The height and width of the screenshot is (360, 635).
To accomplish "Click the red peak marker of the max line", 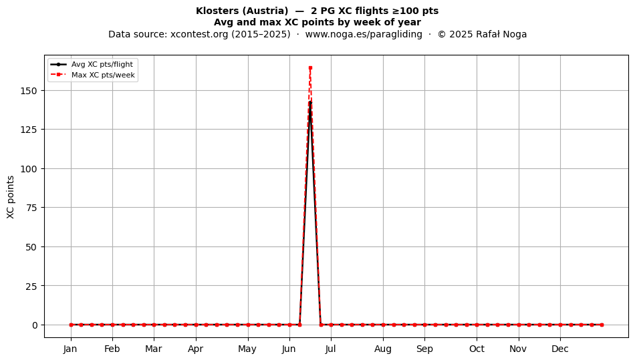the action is (310, 68).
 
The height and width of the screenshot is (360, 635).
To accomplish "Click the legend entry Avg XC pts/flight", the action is (102, 64).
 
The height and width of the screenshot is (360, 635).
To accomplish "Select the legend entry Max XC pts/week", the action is (103, 75).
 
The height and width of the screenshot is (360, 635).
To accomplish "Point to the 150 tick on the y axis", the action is (28, 91).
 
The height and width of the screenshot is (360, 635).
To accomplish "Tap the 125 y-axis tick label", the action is (28, 130).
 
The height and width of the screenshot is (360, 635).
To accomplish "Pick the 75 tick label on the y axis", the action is (31, 208).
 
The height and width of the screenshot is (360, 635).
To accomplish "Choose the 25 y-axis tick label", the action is (31, 286).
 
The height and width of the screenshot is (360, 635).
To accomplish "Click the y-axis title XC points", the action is (11, 198).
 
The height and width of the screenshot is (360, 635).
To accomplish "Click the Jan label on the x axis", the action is (70, 349).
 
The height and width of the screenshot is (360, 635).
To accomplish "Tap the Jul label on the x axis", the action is (330, 349).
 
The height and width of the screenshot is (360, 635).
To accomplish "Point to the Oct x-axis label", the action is (477, 349).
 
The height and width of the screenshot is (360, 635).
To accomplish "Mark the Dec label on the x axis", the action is (560, 349).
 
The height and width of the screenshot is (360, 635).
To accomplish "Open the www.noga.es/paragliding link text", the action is (364, 34).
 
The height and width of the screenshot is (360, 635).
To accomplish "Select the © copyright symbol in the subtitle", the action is (442, 34).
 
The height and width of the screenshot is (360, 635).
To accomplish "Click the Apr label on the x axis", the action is (196, 349).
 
